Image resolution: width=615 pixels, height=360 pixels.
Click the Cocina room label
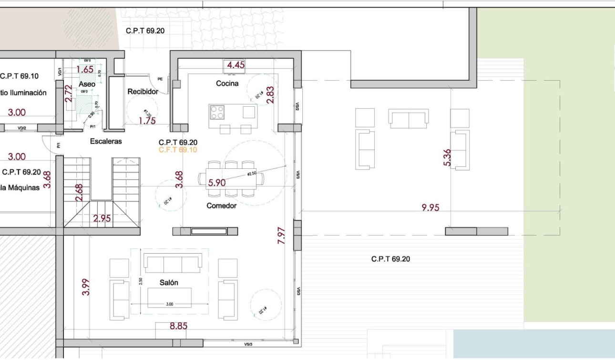tap(227, 83)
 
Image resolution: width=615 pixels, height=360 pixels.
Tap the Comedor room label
tap(221, 206)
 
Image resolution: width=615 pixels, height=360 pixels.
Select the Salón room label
tap(169, 282)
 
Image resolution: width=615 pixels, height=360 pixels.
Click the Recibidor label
tap(143, 91)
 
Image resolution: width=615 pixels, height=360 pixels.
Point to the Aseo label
tap(87, 84)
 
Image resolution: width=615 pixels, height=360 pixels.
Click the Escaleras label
tap(106, 141)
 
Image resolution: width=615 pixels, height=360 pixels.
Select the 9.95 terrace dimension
tap(430, 207)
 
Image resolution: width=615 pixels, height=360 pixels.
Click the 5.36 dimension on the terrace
tap(447, 157)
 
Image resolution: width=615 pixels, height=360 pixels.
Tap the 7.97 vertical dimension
tap(281, 236)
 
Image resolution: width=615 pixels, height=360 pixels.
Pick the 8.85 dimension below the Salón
tap(179, 327)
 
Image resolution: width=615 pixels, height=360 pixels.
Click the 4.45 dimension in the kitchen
tap(236, 65)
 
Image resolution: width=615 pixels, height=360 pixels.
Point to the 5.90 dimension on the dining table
tap(217, 182)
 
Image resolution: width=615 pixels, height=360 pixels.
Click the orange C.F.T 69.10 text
tap(178, 150)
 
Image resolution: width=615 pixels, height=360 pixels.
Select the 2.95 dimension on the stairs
tap(102, 219)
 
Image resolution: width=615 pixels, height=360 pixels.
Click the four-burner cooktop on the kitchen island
tap(217, 112)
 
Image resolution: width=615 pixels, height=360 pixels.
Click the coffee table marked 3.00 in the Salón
tap(169, 298)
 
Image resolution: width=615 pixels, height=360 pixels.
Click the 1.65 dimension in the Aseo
tap(85, 69)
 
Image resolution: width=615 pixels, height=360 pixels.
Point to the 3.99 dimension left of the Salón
tap(86, 287)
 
